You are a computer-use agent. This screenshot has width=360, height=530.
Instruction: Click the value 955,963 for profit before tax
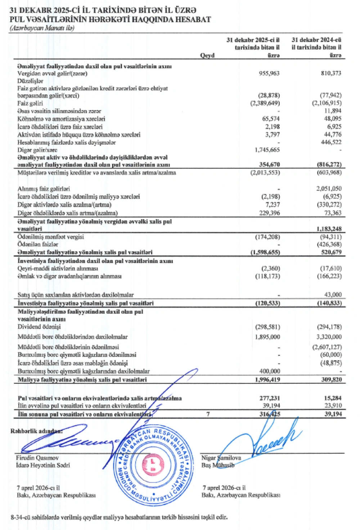coord(269,73)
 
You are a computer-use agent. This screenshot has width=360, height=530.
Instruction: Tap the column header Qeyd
coord(207,55)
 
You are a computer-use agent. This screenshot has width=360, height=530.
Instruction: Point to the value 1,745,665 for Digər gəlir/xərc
coord(267,150)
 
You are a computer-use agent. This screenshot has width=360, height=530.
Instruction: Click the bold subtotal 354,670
coord(269,164)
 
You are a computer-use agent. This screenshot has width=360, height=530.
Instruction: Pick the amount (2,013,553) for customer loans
coord(265,172)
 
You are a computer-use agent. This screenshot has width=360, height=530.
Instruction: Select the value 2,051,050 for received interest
coord(329,189)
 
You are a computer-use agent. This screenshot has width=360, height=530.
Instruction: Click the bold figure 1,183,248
coord(329,229)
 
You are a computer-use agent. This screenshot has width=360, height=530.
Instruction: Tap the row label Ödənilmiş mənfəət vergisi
coord(51,237)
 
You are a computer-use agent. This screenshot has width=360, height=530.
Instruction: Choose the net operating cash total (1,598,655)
coord(265,252)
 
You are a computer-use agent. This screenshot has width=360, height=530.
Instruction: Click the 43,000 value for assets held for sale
coord(333,295)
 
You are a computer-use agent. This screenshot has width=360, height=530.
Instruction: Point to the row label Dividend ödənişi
coord(39,327)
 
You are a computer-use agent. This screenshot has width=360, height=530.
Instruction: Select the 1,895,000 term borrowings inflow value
coord(267,337)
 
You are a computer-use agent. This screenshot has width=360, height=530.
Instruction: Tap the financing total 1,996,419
coord(267,379)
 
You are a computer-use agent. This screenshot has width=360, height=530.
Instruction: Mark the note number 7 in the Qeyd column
coord(208,414)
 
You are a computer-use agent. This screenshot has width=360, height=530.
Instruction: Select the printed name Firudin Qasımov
coord(37,458)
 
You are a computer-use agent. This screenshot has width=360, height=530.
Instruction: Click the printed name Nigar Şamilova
coord(221,458)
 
